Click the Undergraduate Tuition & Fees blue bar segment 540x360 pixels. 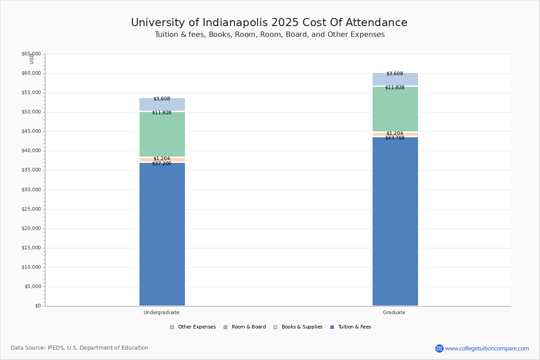click(162, 234)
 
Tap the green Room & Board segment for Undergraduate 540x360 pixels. click(162, 135)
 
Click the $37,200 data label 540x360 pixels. click(162, 164)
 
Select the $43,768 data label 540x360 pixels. click(395, 138)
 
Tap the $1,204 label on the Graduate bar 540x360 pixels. click(395, 133)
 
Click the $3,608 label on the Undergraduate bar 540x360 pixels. click(162, 99)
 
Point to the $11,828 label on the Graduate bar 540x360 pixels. click(395, 88)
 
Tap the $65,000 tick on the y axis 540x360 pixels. click(31, 54)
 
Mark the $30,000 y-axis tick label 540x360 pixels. click(31, 190)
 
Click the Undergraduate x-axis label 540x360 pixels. click(162, 312)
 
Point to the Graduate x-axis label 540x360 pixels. click(394, 312)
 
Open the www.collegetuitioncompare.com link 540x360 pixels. click(487, 348)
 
